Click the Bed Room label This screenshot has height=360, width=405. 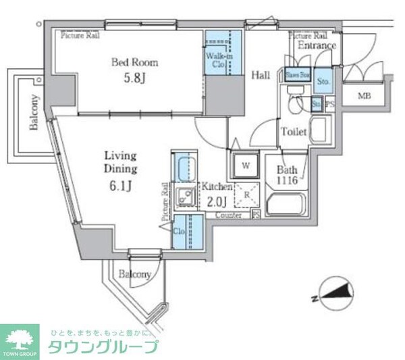[x=135, y=63]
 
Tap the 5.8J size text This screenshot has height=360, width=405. [x=135, y=78]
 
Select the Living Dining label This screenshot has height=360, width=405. [x=122, y=161]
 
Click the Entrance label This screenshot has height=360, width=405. [x=317, y=46]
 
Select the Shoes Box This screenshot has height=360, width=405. [x=298, y=76]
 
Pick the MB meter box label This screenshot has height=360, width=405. [x=364, y=95]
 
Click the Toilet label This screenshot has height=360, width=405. [x=294, y=132]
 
